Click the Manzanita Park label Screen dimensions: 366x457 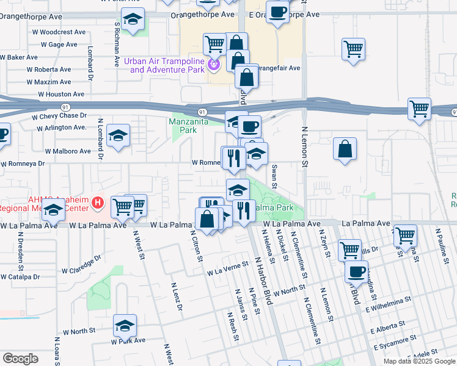191,126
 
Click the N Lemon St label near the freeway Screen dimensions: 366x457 304,146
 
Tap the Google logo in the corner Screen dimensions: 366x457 20,358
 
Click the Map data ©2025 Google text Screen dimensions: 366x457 419,361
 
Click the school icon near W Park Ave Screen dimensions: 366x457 125,328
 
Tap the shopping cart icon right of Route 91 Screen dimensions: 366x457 419,109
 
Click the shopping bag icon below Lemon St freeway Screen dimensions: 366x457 345,149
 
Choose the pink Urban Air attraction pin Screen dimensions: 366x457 214,63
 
